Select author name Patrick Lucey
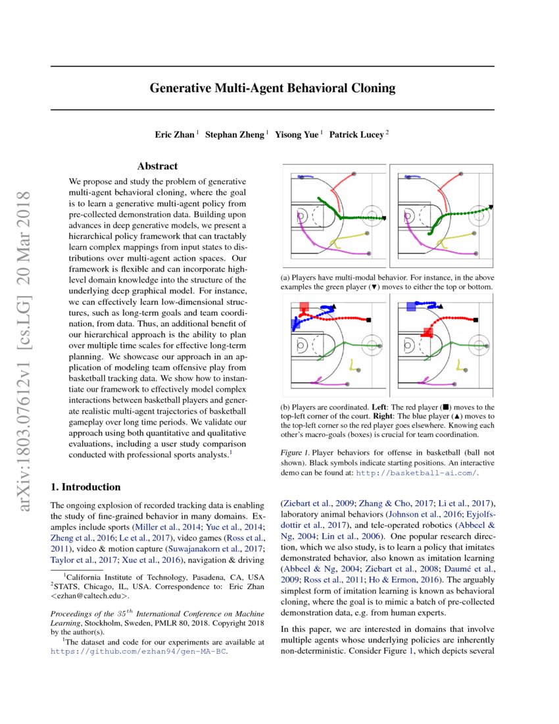pos(356,134)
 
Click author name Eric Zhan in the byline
pos(174,134)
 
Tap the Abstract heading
pos(157,167)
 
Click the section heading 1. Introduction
pos(85,487)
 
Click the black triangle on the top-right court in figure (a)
pos(491,207)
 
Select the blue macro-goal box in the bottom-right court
pos(411,306)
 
